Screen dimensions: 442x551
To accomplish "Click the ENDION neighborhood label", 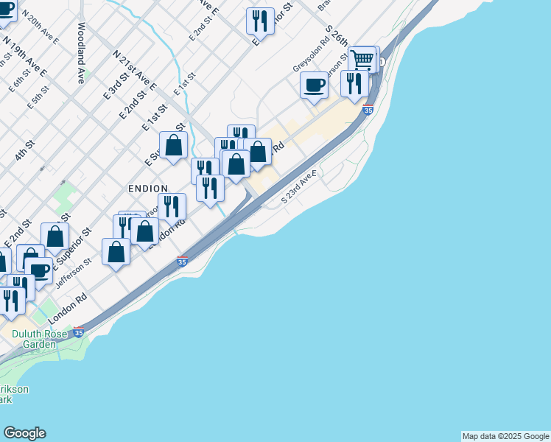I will tap(147, 189).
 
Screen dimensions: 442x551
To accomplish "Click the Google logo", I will tap(24, 433).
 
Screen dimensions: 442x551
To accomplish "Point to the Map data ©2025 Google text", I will tap(505, 436).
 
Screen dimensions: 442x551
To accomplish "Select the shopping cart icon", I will tap(362, 59).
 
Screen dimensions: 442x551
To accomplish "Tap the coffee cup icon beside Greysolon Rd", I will tap(314, 85).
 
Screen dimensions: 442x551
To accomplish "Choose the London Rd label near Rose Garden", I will tap(69, 309).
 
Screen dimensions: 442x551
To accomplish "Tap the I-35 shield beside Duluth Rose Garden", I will tap(79, 333).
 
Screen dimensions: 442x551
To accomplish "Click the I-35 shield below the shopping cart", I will tap(368, 110).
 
